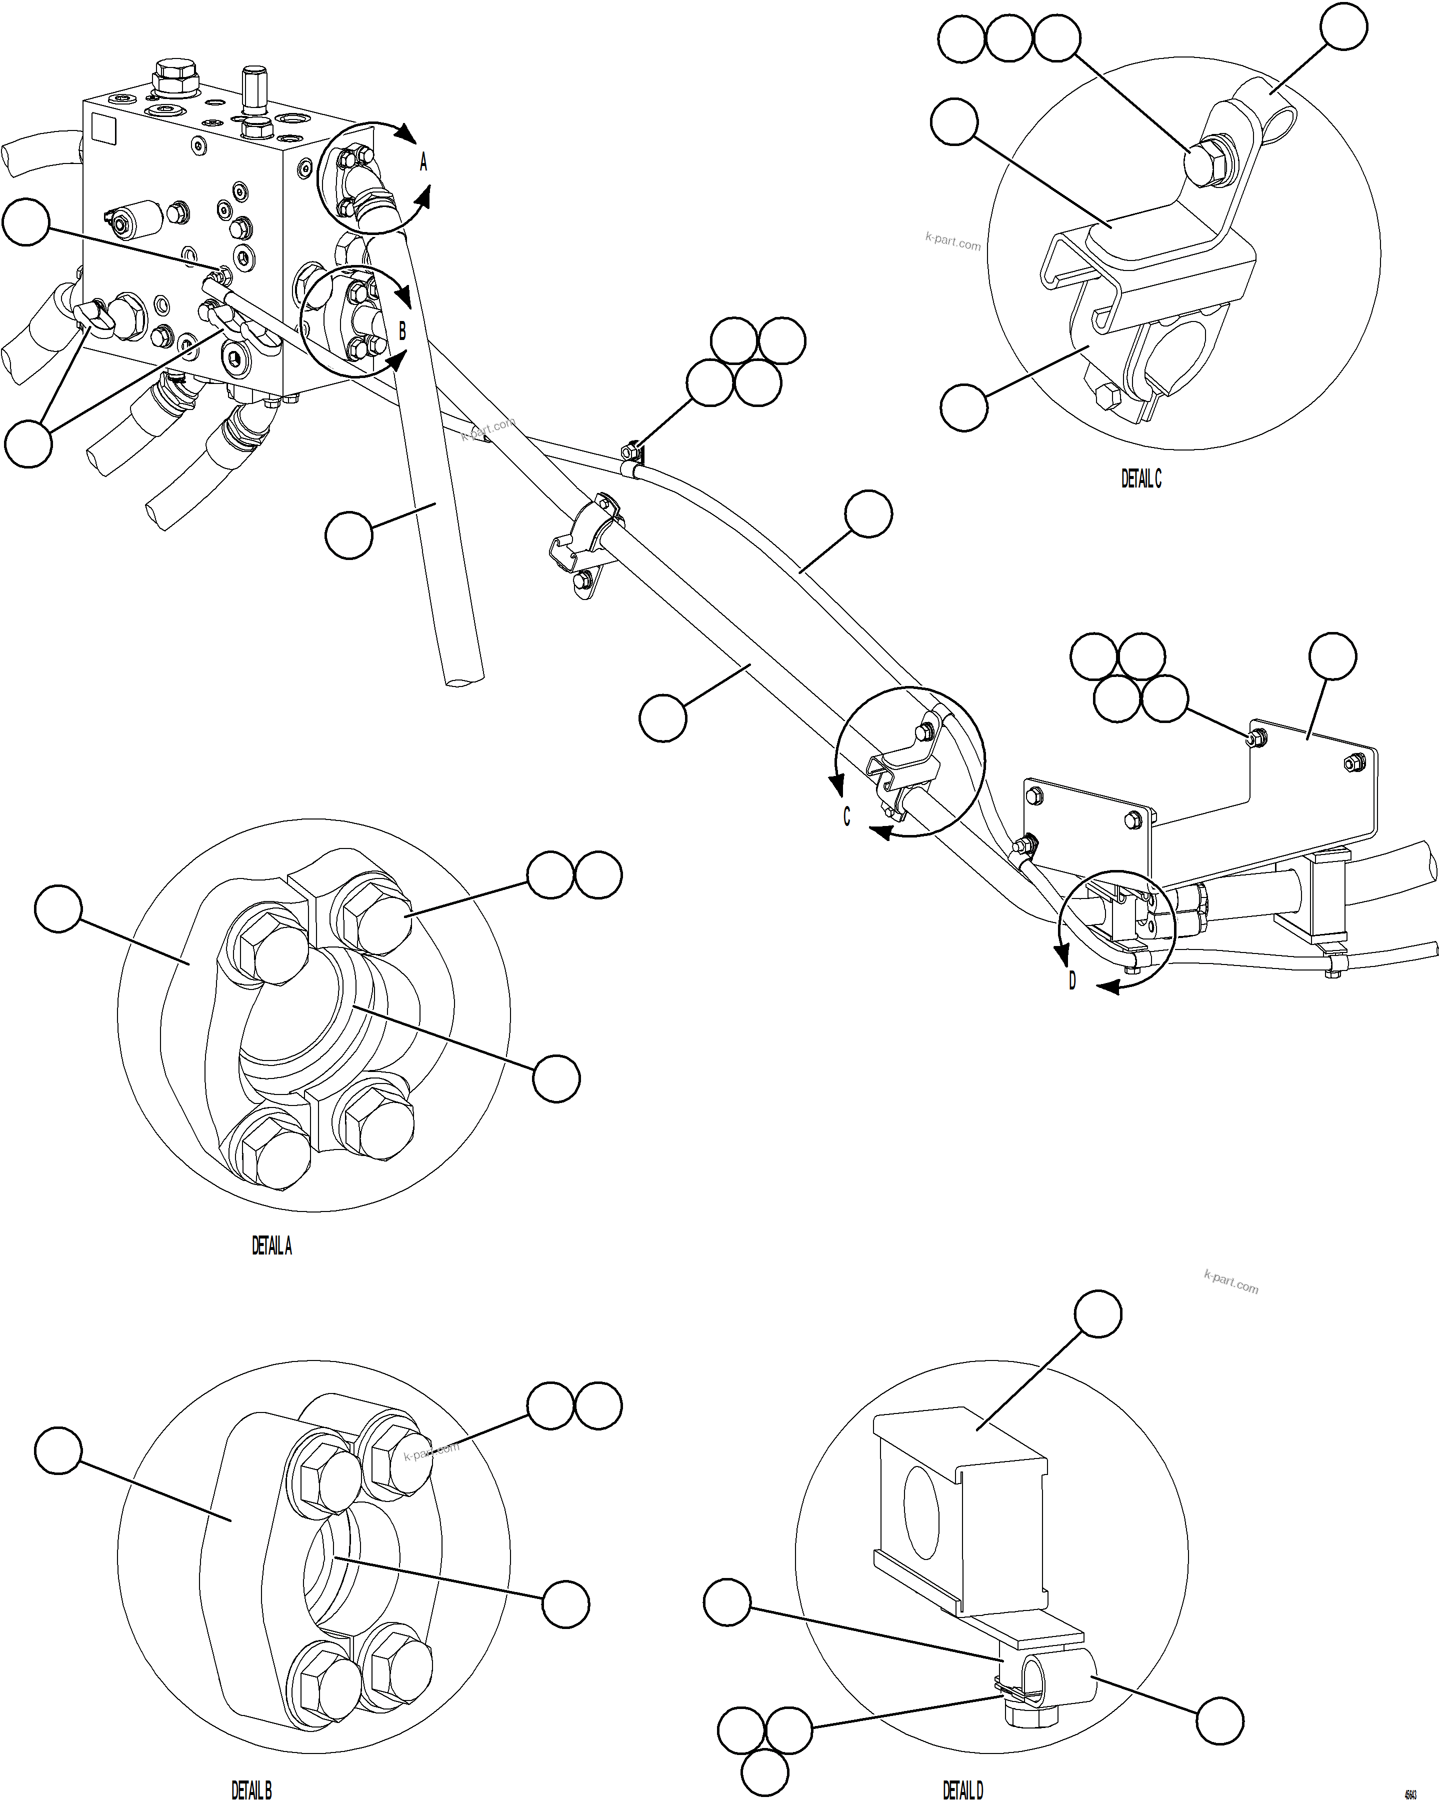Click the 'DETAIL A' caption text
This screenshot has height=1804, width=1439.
coord(272,1246)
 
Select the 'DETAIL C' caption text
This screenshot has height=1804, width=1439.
coord(1141,478)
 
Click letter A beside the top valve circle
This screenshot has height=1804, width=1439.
coord(423,162)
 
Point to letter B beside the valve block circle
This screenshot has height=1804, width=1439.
coord(402,331)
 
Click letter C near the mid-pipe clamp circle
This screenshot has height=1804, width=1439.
coord(846,816)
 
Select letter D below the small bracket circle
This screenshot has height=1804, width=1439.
coord(1072,980)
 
